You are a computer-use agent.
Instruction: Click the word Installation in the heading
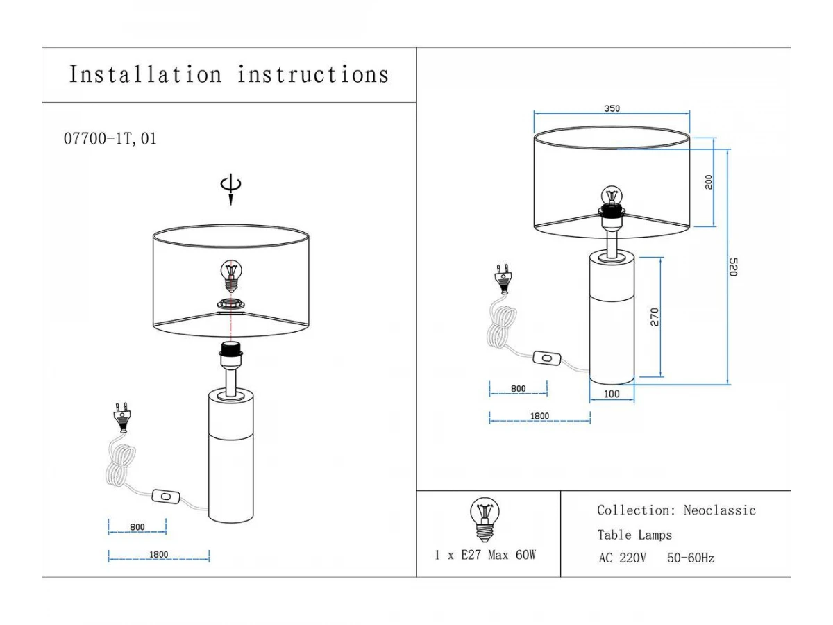(145, 74)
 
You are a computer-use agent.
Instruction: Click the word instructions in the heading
(313, 74)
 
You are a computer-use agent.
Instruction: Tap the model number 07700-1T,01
(110, 138)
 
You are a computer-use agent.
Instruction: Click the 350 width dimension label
(612, 108)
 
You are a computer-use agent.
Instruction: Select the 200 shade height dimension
(708, 182)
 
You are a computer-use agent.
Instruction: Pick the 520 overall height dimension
(733, 267)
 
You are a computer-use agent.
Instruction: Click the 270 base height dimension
(655, 317)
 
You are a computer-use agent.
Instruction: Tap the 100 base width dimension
(612, 394)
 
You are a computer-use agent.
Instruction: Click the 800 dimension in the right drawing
(518, 389)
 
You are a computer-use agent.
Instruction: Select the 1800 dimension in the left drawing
(158, 554)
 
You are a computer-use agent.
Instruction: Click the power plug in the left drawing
(122, 418)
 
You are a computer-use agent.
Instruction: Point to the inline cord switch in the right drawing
(547, 358)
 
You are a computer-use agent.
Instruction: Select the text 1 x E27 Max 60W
(485, 555)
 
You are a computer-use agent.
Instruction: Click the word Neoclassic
(719, 510)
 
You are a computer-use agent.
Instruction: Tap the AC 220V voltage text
(622, 558)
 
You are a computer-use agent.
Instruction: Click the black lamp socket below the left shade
(230, 350)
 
